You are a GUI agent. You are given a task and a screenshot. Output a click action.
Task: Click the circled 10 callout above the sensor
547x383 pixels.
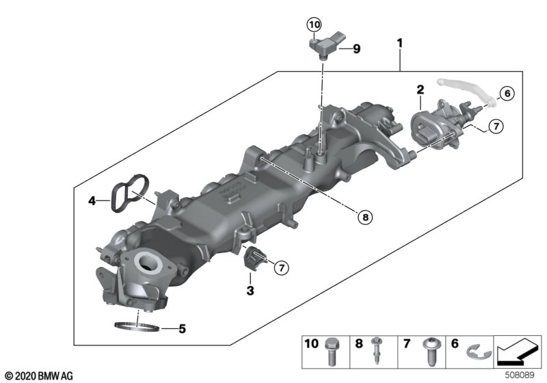314,25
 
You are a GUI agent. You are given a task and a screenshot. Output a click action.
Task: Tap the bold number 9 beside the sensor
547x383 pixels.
356,49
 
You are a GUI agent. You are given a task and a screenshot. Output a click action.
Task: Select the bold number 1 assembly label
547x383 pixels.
400,43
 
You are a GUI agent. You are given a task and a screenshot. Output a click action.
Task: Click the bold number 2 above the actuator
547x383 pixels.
421,90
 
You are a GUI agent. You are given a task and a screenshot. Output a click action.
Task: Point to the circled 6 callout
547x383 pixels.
507,93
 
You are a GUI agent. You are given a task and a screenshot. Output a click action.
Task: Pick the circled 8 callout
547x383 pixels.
365,217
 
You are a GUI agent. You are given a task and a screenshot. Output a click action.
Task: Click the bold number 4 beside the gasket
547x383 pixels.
92,200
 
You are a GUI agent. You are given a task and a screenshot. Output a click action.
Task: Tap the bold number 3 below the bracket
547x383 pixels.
250,290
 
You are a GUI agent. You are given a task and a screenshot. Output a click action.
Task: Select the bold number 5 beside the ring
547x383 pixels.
182,328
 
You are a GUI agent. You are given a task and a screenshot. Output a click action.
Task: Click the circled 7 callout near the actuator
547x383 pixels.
496,126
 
